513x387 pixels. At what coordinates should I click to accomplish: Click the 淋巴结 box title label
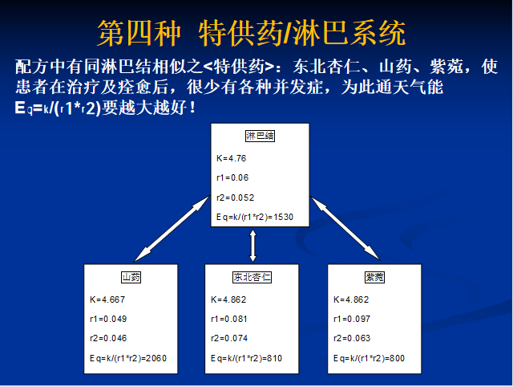click(x=260, y=136)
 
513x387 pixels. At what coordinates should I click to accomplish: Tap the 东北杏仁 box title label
click(x=252, y=277)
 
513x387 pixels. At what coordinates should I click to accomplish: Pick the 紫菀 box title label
click(x=374, y=277)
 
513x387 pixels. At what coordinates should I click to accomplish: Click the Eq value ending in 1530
click(x=255, y=217)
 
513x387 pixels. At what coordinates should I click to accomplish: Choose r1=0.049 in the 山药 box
click(x=108, y=319)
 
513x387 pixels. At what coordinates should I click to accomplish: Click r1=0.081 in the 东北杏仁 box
click(x=229, y=319)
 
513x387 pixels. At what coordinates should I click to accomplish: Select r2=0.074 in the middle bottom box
click(x=229, y=338)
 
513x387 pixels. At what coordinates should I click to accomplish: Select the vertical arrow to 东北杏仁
click(x=253, y=246)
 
